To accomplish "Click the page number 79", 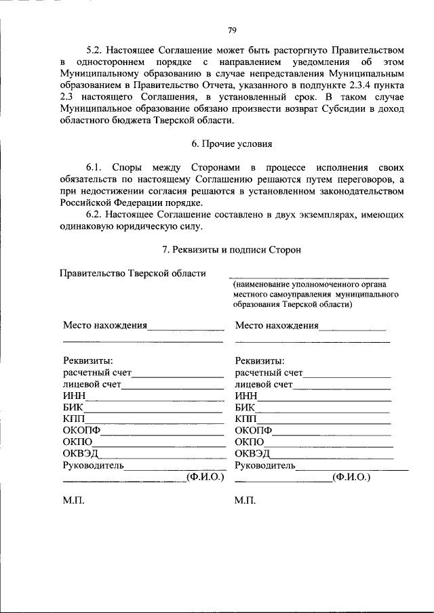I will [232, 30].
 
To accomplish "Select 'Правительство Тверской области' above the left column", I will [132, 274].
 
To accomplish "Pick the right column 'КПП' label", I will [246, 419].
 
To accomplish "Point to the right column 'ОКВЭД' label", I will [252, 454].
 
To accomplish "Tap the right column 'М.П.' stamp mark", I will [245, 501].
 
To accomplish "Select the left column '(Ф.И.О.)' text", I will [205, 477].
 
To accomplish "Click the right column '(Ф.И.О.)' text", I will [351, 477].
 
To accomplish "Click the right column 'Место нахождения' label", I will [277, 326].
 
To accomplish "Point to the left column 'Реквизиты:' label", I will [87, 361].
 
